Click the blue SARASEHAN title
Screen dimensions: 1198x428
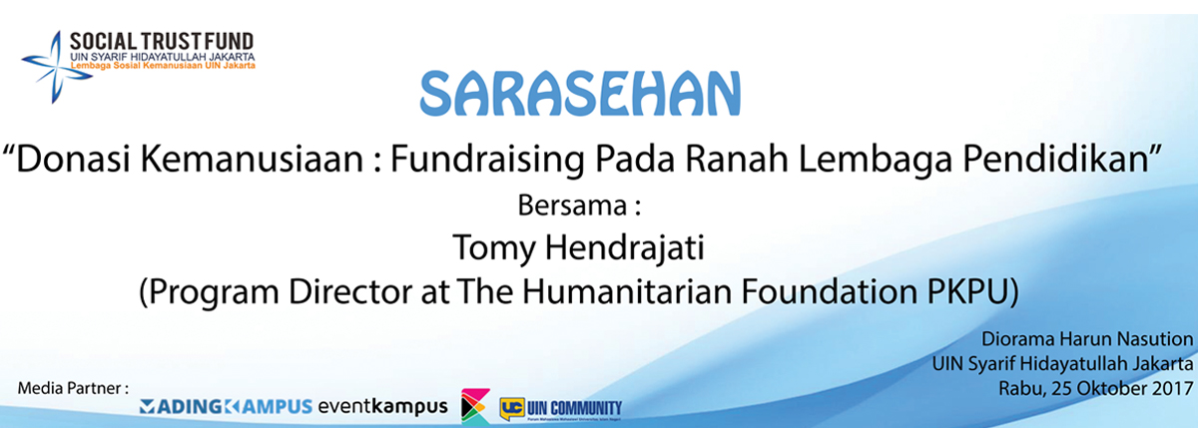click(580, 93)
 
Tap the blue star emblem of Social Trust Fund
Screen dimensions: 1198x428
click(55, 67)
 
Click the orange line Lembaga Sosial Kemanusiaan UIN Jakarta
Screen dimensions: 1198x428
click(163, 66)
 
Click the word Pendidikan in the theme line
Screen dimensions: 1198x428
click(1055, 159)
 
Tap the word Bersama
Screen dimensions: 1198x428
click(572, 206)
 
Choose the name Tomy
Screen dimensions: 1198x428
click(494, 248)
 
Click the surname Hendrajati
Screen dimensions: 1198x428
click(624, 248)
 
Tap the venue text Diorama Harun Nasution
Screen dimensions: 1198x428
click(1087, 339)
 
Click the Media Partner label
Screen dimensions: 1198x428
click(73, 388)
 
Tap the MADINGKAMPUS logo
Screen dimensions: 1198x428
click(226, 407)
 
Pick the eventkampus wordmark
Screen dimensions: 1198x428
click(383, 407)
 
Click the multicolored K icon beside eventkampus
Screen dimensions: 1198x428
click(475, 406)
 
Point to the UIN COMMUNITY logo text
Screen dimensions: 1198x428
click(574, 409)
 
